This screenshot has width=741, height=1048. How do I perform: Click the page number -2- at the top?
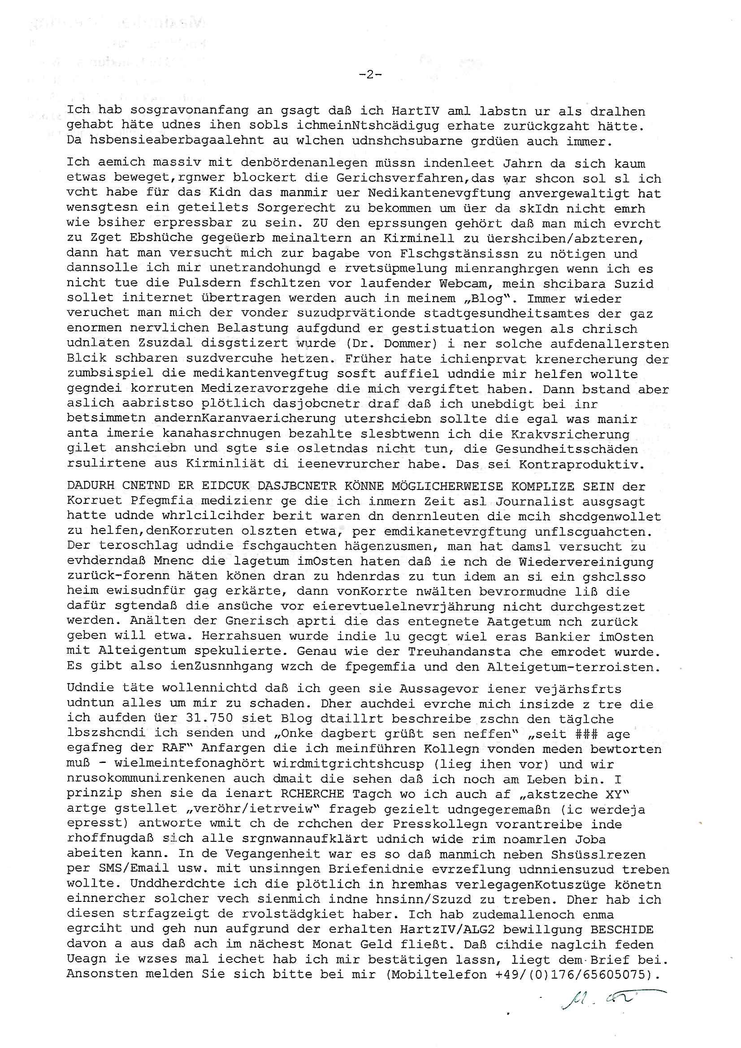[x=370, y=74]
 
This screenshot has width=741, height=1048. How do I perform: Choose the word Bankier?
[x=570, y=637]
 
